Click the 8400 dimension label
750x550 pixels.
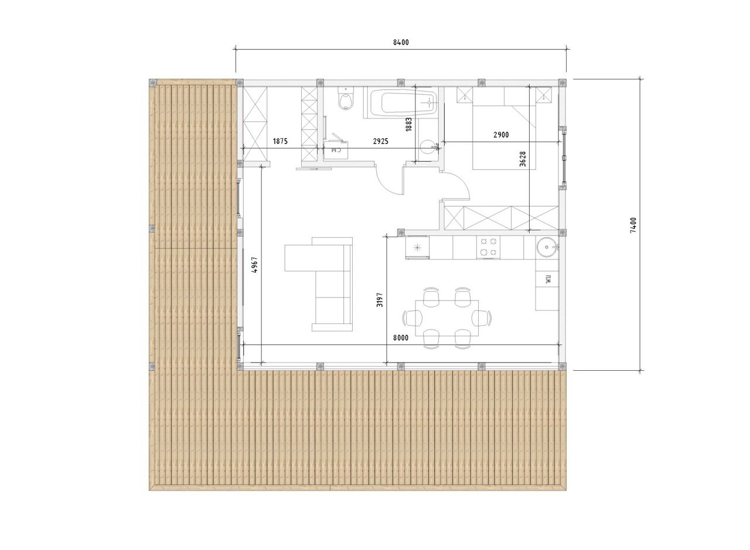coord(401,43)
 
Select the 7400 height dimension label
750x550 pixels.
coord(633,225)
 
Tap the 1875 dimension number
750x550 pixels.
coord(280,141)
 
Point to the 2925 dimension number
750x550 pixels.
coord(381,141)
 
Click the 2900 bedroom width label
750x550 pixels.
coord(501,135)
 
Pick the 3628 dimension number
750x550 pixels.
coord(523,159)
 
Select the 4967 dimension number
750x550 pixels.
coord(255,265)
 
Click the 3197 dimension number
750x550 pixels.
coord(380,300)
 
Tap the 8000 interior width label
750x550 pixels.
coord(401,338)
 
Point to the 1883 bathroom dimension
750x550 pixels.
coord(408,124)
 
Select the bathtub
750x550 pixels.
coord(400,103)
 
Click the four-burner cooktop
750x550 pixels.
coord(488,247)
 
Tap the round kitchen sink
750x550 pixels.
coord(547,247)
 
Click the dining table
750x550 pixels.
coord(446,318)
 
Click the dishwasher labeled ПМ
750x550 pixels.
coord(547,279)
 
